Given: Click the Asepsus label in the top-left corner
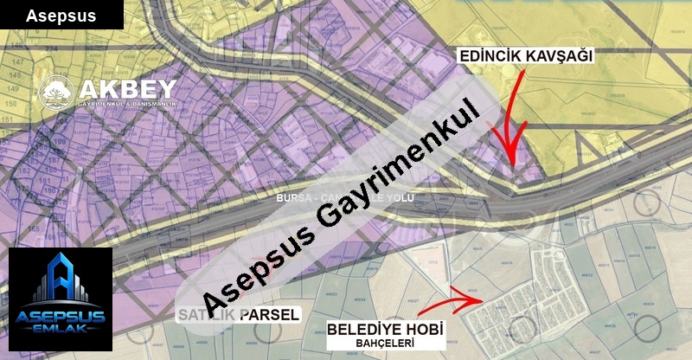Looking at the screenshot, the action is point(61,16).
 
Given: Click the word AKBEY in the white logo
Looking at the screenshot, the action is point(127,88).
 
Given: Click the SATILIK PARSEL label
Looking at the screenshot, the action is point(238,314).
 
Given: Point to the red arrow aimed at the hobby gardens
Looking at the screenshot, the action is point(450,302).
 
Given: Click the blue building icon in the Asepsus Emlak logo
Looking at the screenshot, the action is point(59,278).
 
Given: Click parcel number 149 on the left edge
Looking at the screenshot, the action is point(12,87).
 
